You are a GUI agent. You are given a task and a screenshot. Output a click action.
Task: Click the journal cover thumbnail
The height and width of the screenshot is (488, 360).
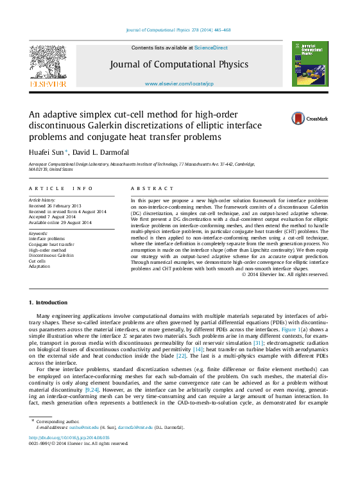[x=310, y=64]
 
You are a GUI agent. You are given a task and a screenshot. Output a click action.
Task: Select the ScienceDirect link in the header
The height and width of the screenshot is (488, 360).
[x=210, y=48]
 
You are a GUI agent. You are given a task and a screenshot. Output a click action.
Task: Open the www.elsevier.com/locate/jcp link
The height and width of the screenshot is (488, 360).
[x=178, y=84]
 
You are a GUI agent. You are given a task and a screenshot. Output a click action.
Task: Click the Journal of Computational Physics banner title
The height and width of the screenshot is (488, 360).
[x=178, y=64]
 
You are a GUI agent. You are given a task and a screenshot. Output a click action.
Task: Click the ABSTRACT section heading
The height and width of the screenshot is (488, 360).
[x=152, y=189]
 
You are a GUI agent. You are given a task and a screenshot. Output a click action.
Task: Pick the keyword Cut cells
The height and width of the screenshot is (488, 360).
[x=37, y=261]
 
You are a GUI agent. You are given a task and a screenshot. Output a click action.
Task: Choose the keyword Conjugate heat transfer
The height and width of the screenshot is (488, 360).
[x=51, y=244]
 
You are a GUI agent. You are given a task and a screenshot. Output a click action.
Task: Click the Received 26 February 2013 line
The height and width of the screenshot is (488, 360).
[x=55, y=205]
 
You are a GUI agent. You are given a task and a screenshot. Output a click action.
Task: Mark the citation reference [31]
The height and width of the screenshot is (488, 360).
[x=258, y=343]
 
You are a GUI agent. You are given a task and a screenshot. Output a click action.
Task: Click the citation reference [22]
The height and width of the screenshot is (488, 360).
[x=181, y=356]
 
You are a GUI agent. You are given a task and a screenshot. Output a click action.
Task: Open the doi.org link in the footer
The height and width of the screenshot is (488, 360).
[x=69, y=437]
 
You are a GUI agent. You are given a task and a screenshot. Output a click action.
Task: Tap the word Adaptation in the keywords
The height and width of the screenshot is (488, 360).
[x=40, y=266]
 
